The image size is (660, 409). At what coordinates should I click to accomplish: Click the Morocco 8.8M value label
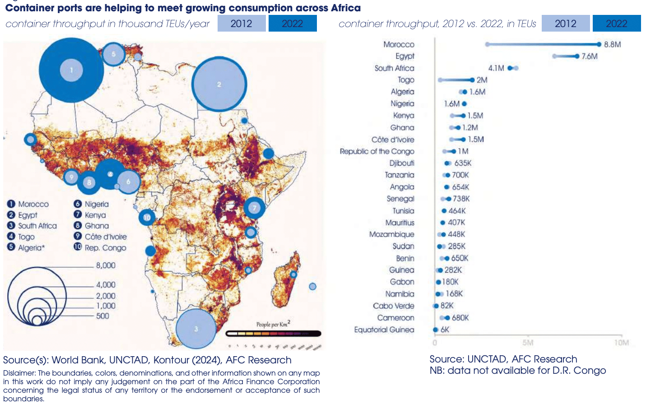pyautogui.click(x=613, y=44)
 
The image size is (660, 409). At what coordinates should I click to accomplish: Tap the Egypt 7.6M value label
pyautogui.click(x=589, y=56)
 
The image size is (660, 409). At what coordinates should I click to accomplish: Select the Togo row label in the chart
pyautogui.click(x=406, y=80)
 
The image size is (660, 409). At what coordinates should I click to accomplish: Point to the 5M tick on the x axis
pyautogui.click(x=528, y=343)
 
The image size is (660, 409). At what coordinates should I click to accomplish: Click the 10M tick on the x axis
pyautogui.click(x=621, y=343)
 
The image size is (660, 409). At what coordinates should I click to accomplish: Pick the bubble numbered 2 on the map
pyautogui.click(x=219, y=84)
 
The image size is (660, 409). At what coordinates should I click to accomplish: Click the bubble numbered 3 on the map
pyautogui.click(x=196, y=329)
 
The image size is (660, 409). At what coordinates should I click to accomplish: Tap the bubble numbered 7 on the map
pyautogui.click(x=254, y=208)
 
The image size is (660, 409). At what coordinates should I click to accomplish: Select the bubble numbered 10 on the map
pyautogui.click(x=147, y=218)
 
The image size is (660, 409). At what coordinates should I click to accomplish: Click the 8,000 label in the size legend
pyautogui.click(x=106, y=265)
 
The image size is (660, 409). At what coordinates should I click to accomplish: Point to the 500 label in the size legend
pyautogui.click(x=102, y=316)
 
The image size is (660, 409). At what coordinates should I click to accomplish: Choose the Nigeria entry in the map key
pyautogui.click(x=96, y=204)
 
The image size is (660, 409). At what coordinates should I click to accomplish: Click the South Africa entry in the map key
pyautogui.click(x=37, y=226)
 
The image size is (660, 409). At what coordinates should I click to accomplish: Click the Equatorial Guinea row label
pyautogui.click(x=384, y=330)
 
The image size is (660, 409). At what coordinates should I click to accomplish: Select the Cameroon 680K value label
pyautogui.click(x=460, y=318)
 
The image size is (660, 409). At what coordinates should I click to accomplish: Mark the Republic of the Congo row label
pyautogui.click(x=376, y=151)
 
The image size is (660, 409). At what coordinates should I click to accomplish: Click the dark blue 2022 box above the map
pyautogui.click(x=293, y=23)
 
